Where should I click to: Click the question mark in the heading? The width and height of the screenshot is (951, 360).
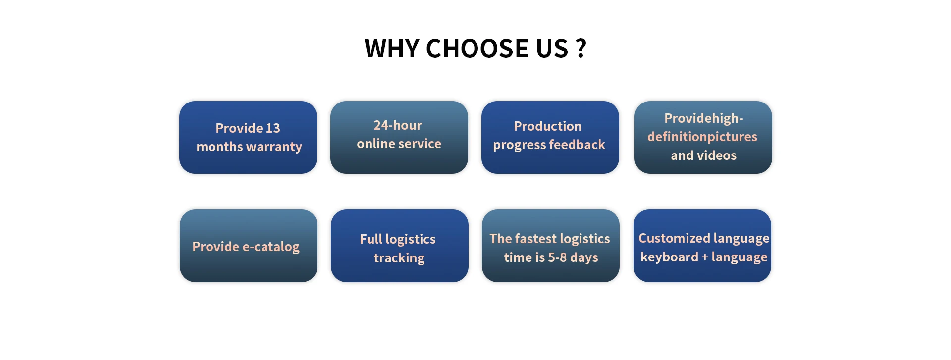(x=581, y=49)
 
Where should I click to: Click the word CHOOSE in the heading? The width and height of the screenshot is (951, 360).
(x=473, y=49)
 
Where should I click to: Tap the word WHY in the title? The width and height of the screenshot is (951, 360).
(x=391, y=49)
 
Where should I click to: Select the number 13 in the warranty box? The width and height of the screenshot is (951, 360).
(x=273, y=128)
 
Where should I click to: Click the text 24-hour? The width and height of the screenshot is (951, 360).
(x=398, y=125)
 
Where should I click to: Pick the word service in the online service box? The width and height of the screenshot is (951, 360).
(x=421, y=144)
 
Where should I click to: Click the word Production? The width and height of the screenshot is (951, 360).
(x=547, y=126)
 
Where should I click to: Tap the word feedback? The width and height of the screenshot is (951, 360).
(x=577, y=145)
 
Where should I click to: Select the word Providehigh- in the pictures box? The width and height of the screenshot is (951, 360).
(x=703, y=119)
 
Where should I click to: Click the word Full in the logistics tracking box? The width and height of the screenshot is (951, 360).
(x=371, y=239)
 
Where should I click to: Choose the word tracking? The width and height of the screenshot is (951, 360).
(x=399, y=258)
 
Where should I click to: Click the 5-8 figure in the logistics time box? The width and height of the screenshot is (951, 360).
(x=557, y=257)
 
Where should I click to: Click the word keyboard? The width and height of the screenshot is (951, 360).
(x=669, y=257)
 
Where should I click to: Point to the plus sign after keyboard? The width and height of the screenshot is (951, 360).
(x=705, y=257)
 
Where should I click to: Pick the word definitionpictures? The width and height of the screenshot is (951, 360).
(x=702, y=137)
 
